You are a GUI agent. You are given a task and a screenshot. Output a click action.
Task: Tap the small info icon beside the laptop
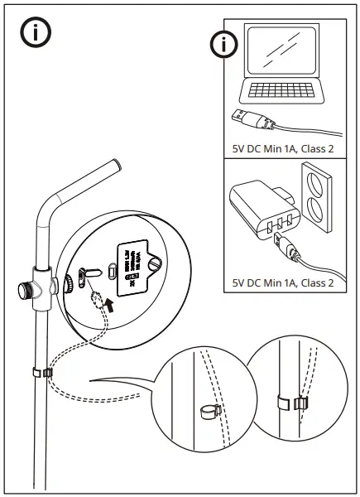pyautogui.click(x=223, y=45)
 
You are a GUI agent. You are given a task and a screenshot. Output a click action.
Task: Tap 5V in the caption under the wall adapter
pyautogui.click(x=239, y=283)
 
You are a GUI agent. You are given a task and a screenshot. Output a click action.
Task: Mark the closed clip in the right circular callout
pyautogui.click(x=287, y=403)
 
